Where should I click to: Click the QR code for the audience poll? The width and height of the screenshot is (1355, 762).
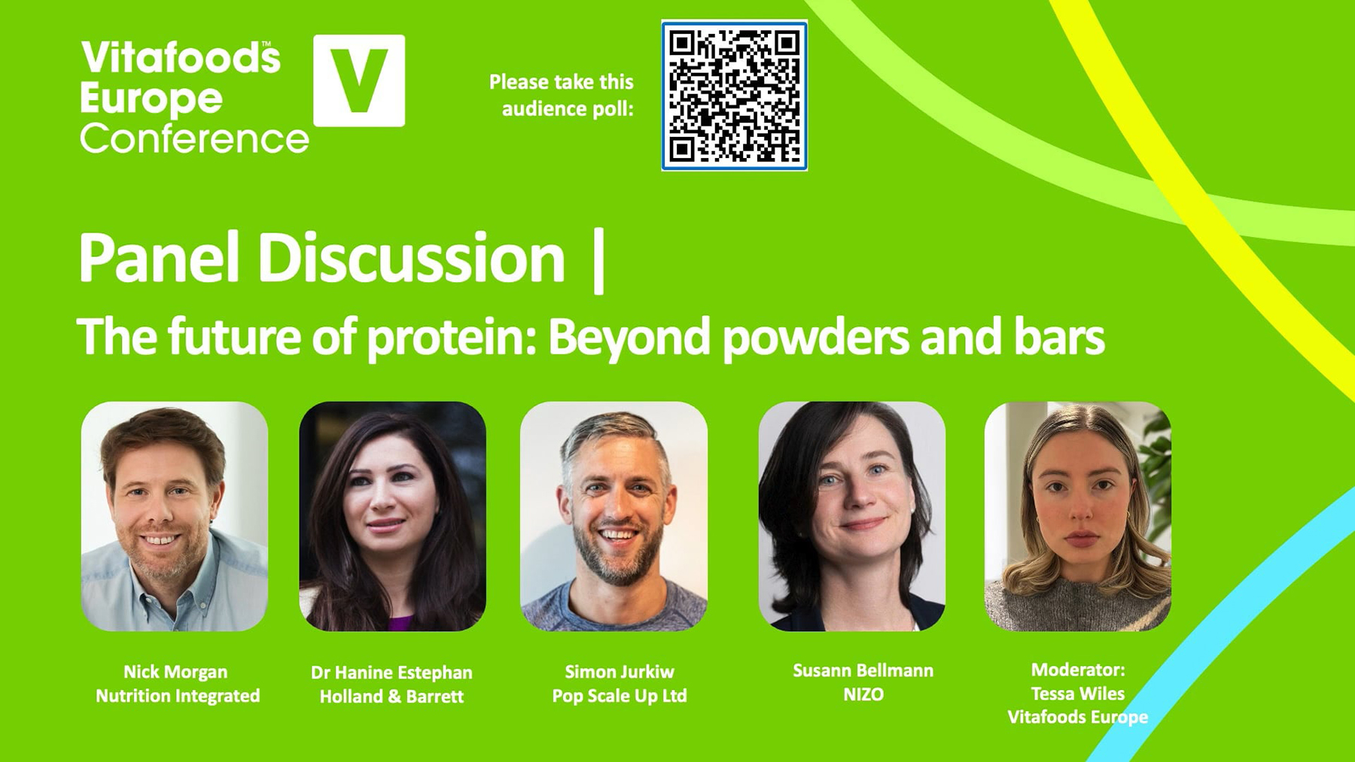(734, 96)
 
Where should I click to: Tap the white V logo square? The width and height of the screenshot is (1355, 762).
(359, 80)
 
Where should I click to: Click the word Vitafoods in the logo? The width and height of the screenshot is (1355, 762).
(181, 58)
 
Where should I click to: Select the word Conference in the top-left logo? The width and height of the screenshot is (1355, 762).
(194, 139)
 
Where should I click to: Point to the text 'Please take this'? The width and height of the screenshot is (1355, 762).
(561, 82)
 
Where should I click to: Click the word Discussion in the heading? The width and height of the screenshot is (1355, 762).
(411, 258)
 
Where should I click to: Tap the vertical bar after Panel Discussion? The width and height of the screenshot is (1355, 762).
(598, 261)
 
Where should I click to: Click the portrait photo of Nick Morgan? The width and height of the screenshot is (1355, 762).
(175, 516)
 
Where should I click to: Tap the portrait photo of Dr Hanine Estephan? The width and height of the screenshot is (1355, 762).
(392, 516)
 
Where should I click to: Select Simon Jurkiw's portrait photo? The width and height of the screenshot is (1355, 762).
(614, 516)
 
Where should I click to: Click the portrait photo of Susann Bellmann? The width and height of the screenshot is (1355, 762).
(851, 516)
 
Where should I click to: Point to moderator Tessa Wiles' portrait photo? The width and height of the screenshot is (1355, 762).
(1077, 516)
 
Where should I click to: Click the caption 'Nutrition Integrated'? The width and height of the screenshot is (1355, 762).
(178, 696)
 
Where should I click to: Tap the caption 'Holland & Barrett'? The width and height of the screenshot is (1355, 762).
(391, 697)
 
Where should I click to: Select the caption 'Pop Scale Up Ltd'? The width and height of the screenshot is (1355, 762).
(619, 696)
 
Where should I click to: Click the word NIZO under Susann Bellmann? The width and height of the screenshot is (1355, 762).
(863, 694)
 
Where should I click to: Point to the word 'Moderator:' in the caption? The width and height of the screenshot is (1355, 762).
(1077, 669)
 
